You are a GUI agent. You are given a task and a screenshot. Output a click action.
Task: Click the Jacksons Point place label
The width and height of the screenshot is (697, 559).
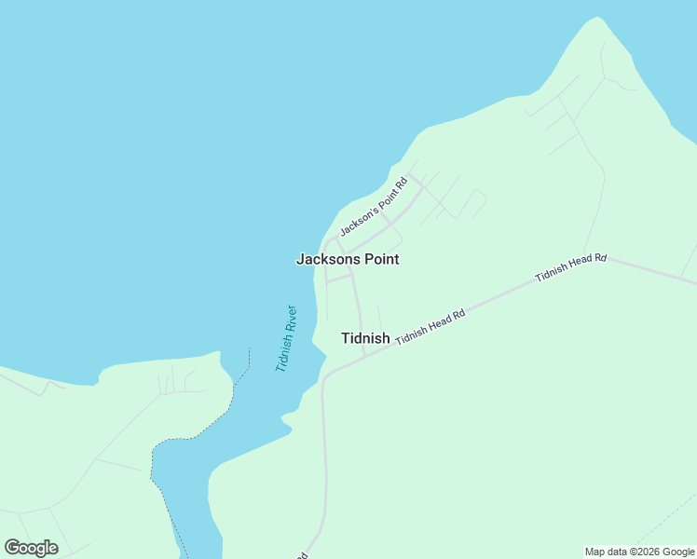[x=348, y=259]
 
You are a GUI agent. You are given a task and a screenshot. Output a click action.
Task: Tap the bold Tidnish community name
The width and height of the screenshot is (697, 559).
[x=365, y=338]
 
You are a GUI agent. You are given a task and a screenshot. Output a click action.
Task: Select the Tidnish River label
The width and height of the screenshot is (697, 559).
[x=286, y=338]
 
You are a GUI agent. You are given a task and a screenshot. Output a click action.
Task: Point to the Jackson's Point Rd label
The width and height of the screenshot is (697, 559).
[x=374, y=206]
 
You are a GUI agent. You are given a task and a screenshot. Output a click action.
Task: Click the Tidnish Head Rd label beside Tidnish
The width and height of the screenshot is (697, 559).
[x=430, y=328]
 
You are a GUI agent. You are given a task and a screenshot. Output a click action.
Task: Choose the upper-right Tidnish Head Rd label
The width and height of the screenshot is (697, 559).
[x=570, y=267]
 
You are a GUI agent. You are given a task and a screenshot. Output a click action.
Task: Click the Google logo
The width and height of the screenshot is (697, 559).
[x=31, y=548]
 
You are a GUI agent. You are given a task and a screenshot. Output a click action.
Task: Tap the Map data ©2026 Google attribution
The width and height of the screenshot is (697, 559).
[x=639, y=552]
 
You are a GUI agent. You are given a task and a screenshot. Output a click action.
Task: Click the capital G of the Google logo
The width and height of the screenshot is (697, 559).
[x=12, y=548]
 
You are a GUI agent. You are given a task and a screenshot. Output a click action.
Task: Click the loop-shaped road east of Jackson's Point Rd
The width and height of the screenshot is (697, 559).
[x=474, y=200]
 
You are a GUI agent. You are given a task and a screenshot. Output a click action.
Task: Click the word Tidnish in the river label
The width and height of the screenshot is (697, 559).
[x=282, y=352]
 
